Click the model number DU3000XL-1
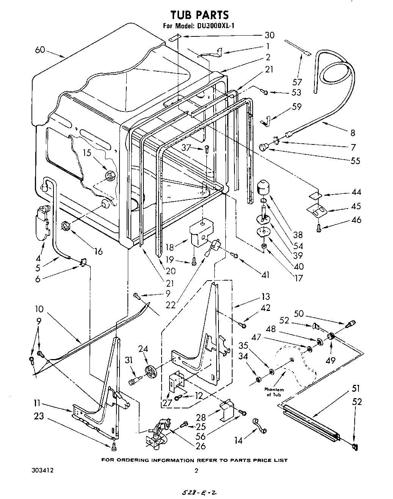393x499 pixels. pos(212,26)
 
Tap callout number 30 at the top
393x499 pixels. pos(269,35)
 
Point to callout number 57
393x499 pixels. pos(297,82)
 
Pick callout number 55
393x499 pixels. pos(355,160)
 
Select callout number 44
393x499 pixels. pos(356,192)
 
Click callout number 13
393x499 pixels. pos(265,297)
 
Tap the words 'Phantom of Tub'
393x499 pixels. pos(275,392)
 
